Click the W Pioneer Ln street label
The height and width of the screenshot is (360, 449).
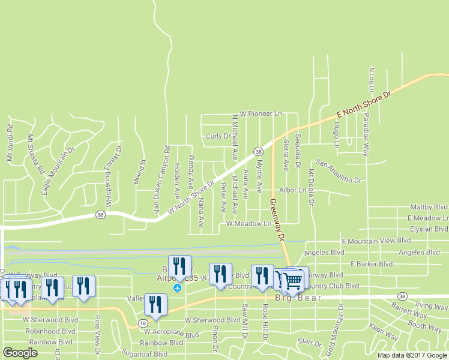click(x=261, y=113)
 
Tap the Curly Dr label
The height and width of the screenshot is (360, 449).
click(x=218, y=136)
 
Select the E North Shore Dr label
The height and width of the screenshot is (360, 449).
click(x=363, y=104)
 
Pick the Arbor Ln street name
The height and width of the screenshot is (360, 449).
click(x=293, y=190)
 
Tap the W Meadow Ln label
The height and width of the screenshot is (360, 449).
click(x=249, y=224)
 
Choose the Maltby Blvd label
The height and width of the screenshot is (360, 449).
click(x=429, y=206)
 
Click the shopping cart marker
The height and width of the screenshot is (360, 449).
click(x=292, y=280)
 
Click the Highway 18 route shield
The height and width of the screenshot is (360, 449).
click(x=143, y=323)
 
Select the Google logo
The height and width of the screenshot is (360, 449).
click(x=20, y=353)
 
